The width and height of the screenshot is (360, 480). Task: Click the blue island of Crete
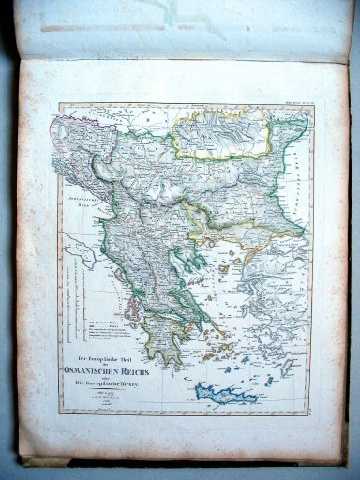pyautogui.click(x=224, y=396)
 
